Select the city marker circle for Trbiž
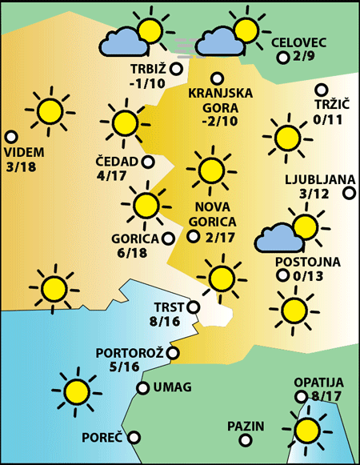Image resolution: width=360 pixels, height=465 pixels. click(176, 68)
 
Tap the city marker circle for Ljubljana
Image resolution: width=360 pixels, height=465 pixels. click(349, 193)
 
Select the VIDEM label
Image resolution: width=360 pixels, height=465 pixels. click(24, 152)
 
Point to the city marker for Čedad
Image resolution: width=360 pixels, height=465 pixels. click(149, 162)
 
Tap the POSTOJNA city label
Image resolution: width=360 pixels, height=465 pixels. click(308, 261)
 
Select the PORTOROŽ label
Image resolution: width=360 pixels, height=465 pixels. click(129, 353)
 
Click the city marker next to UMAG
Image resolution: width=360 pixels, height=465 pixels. click(142, 388)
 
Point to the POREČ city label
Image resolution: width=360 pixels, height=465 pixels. click(102, 439)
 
